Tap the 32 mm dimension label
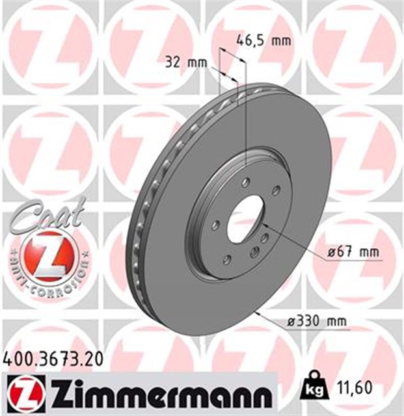[x=185, y=63]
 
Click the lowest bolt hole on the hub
[x=227, y=260]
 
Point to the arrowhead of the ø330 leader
[x=260, y=313]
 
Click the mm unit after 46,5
[x=280, y=40]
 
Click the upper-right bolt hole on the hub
[x=276, y=190]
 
